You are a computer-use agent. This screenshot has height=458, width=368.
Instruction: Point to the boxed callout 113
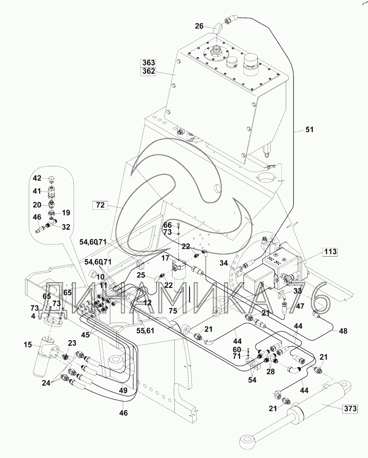click(x=330, y=253)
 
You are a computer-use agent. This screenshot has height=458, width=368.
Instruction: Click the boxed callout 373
click(x=351, y=408)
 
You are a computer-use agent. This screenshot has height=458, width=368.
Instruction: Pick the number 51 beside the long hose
click(x=309, y=130)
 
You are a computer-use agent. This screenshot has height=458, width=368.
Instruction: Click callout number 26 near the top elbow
click(x=199, y=26)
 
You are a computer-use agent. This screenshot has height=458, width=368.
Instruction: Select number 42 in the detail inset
click(x=37, y=178)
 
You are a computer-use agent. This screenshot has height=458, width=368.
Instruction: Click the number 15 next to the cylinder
click(x=28, y=344)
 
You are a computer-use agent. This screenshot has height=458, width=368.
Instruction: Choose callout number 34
click(x=224, y=264)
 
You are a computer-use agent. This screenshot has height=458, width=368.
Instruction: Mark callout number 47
click(x=300, y=307)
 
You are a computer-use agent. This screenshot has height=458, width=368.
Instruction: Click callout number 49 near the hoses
click(x=123, y=391)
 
